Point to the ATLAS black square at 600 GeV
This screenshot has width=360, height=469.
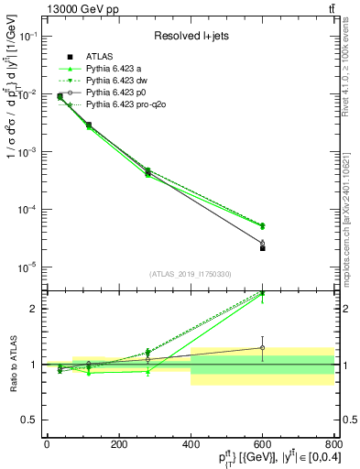262,248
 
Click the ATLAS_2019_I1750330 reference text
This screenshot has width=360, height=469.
190,274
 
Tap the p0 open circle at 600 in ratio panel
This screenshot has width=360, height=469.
262,348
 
